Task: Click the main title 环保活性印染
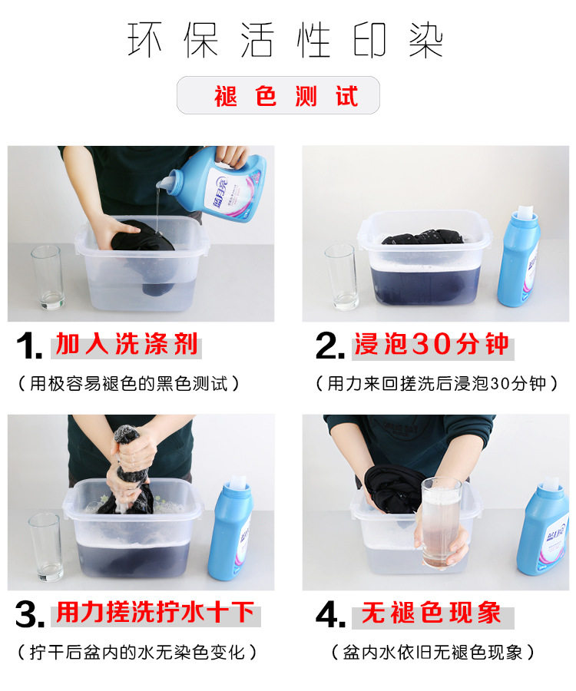(285, 40)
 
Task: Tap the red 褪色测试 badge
(278, 95)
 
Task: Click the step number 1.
(29, 345)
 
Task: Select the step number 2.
(329, 345)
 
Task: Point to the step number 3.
(30, 614)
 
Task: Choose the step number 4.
(330, 614)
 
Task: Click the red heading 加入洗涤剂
(127, 344)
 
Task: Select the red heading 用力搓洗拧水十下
(156, 613)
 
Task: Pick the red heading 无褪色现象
(431, 613)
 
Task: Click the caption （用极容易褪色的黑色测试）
(128, 384)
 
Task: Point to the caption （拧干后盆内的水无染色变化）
(137, 652)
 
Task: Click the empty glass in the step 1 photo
(47, 277)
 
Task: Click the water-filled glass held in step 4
(441, 524)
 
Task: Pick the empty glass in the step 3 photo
(45, 547)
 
